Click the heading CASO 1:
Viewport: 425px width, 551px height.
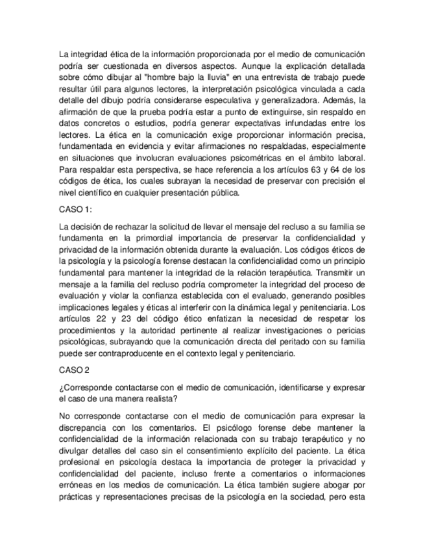click(75, 210)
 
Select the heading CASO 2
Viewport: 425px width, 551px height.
click(73, 371)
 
